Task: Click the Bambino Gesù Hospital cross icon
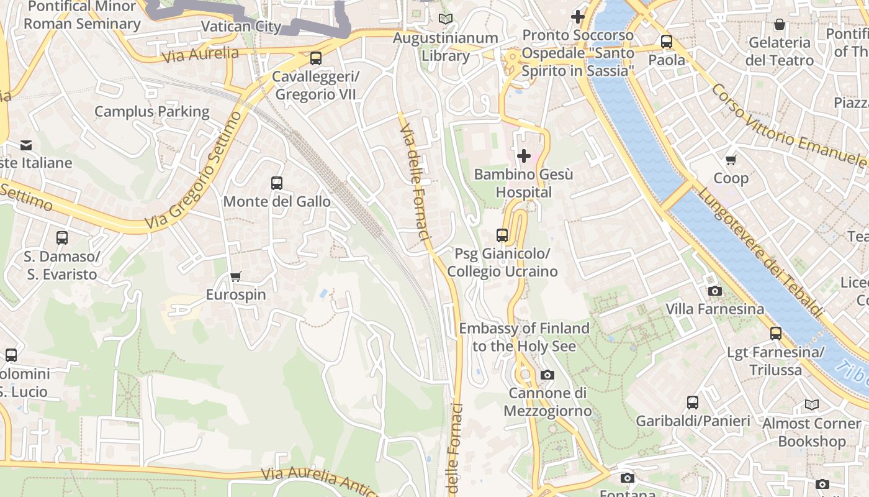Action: (524, 156)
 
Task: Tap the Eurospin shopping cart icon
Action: (235, 276)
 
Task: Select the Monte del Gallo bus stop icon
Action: (277, 183)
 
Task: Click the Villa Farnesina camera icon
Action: (715, 291)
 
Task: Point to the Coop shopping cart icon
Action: (731, 160)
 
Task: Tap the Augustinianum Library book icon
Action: (446, 19)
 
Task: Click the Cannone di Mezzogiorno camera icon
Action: (547, 375)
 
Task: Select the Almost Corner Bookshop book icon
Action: (812, 405)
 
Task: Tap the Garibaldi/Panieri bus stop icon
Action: (693, 403)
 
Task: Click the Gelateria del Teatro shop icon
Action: (780, 24)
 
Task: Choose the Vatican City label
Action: (241, 27)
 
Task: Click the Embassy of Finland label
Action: (524, 337)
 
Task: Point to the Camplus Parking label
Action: (152, 112)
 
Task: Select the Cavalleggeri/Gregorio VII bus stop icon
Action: (316, 58)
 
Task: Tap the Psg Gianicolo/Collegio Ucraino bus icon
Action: (502, 235)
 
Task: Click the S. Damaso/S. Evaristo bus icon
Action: (62, 238)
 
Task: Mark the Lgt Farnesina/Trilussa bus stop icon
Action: (776, 334)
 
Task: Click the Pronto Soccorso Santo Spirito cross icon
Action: (578, 17)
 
